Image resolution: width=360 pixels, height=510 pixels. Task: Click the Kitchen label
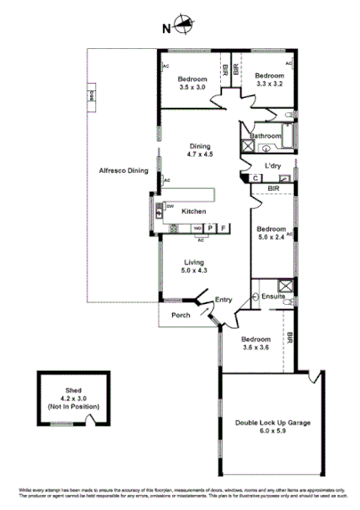193,211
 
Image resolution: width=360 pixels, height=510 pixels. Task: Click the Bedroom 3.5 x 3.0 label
192,83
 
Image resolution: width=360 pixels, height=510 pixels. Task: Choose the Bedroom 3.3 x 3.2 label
270,80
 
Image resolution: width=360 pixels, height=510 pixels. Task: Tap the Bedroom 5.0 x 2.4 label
272,233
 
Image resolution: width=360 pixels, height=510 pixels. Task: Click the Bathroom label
266,136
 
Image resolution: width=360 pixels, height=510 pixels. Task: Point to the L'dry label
261,166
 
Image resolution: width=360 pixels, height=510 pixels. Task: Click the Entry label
223,300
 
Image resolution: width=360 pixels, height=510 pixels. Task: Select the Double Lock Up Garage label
273,425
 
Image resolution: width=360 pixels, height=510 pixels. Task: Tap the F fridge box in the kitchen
223,228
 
